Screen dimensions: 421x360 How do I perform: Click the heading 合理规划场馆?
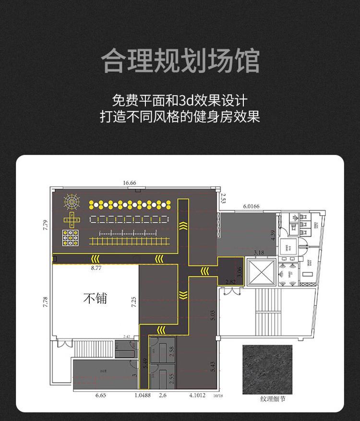point(180,60)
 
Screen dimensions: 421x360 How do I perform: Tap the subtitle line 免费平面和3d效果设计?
point(180,100)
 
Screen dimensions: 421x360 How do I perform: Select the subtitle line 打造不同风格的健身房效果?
point(180,117)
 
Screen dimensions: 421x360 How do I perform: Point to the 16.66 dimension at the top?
point(130,183)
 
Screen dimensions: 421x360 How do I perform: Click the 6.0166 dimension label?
point(251,206)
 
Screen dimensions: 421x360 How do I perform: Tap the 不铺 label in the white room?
point(95,298)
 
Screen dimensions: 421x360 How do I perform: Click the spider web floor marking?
point(71,202)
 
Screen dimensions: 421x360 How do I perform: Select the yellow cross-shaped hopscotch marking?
point(72,220)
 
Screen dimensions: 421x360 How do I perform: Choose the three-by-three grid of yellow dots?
point(71,238)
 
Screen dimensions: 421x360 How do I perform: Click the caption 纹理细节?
point(267,399)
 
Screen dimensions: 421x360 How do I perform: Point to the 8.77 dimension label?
point(96,268)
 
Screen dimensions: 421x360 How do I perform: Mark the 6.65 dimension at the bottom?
point(100,395)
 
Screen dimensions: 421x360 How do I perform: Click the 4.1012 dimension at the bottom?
point(197,395)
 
